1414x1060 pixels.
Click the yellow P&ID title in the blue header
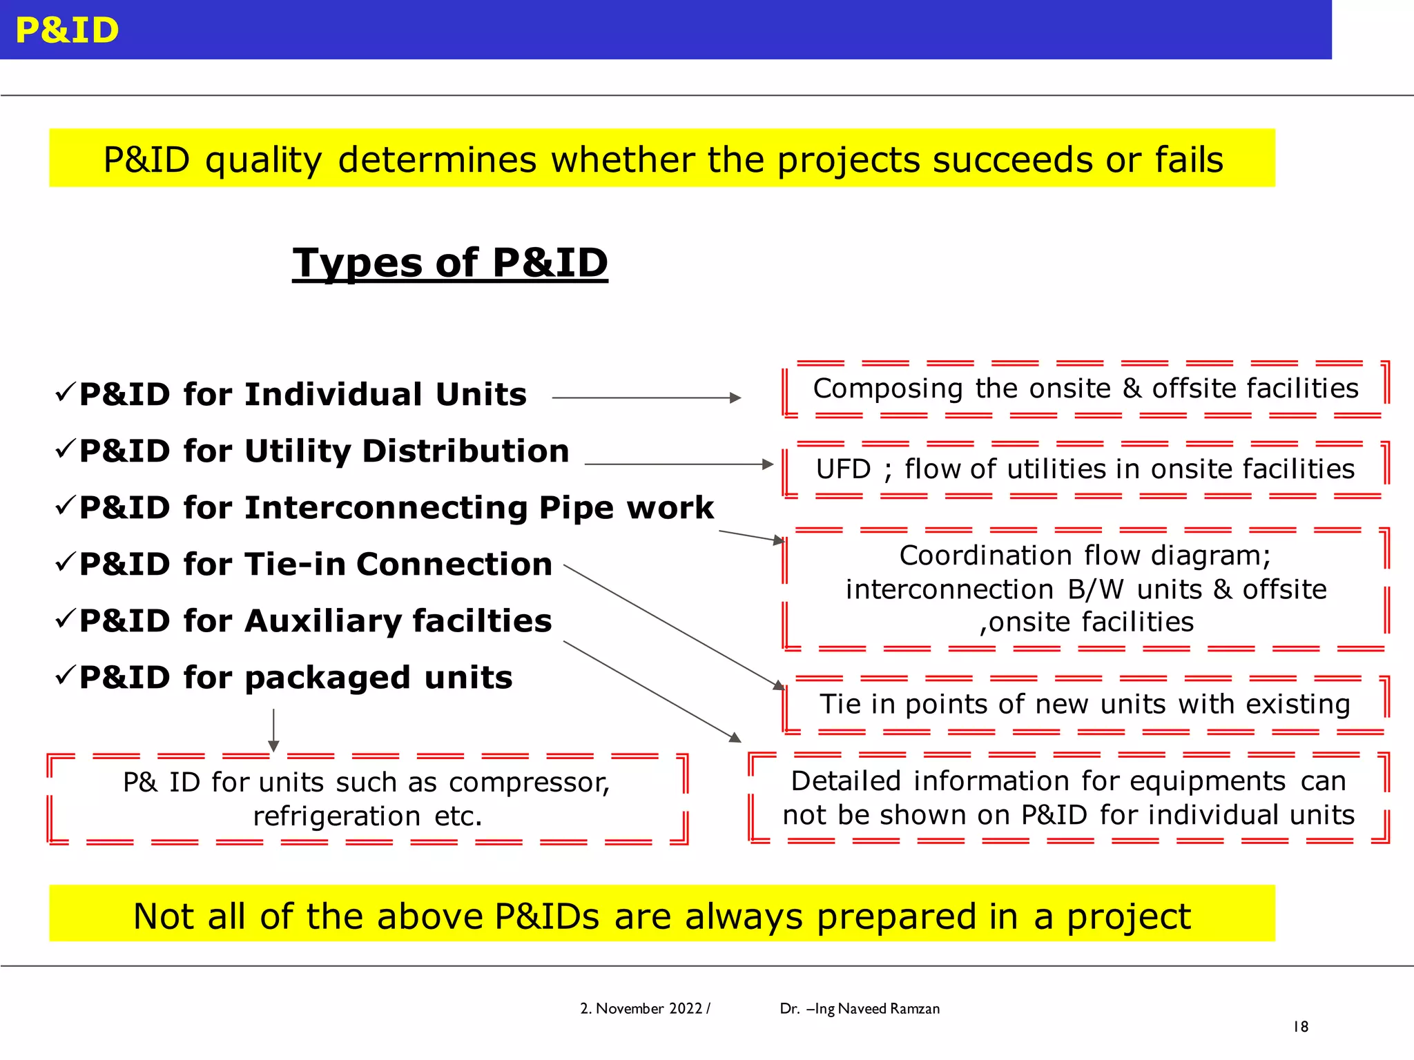tap(67, 30)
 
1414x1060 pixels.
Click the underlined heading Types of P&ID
tap(450, 263)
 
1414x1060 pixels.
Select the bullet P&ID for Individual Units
tap(302, 395)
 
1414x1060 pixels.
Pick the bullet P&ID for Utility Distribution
tap(324, 451)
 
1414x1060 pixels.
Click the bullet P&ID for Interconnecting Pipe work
tap(396, 508)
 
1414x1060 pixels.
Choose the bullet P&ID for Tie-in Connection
tap(316, 565)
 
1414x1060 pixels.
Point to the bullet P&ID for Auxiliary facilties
tap(316, 621)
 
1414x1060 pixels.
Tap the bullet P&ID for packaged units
tap(296, 678)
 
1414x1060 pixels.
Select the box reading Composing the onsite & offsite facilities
tap(1085, 389)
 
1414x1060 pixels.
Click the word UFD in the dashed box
tap(843, 469)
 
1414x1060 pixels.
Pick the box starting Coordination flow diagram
tap(1085, 589)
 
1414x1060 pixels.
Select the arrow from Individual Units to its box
tap(646, 398)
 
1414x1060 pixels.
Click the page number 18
tap(1301, 1027)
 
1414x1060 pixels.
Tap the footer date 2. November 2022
tap(641, 1009)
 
